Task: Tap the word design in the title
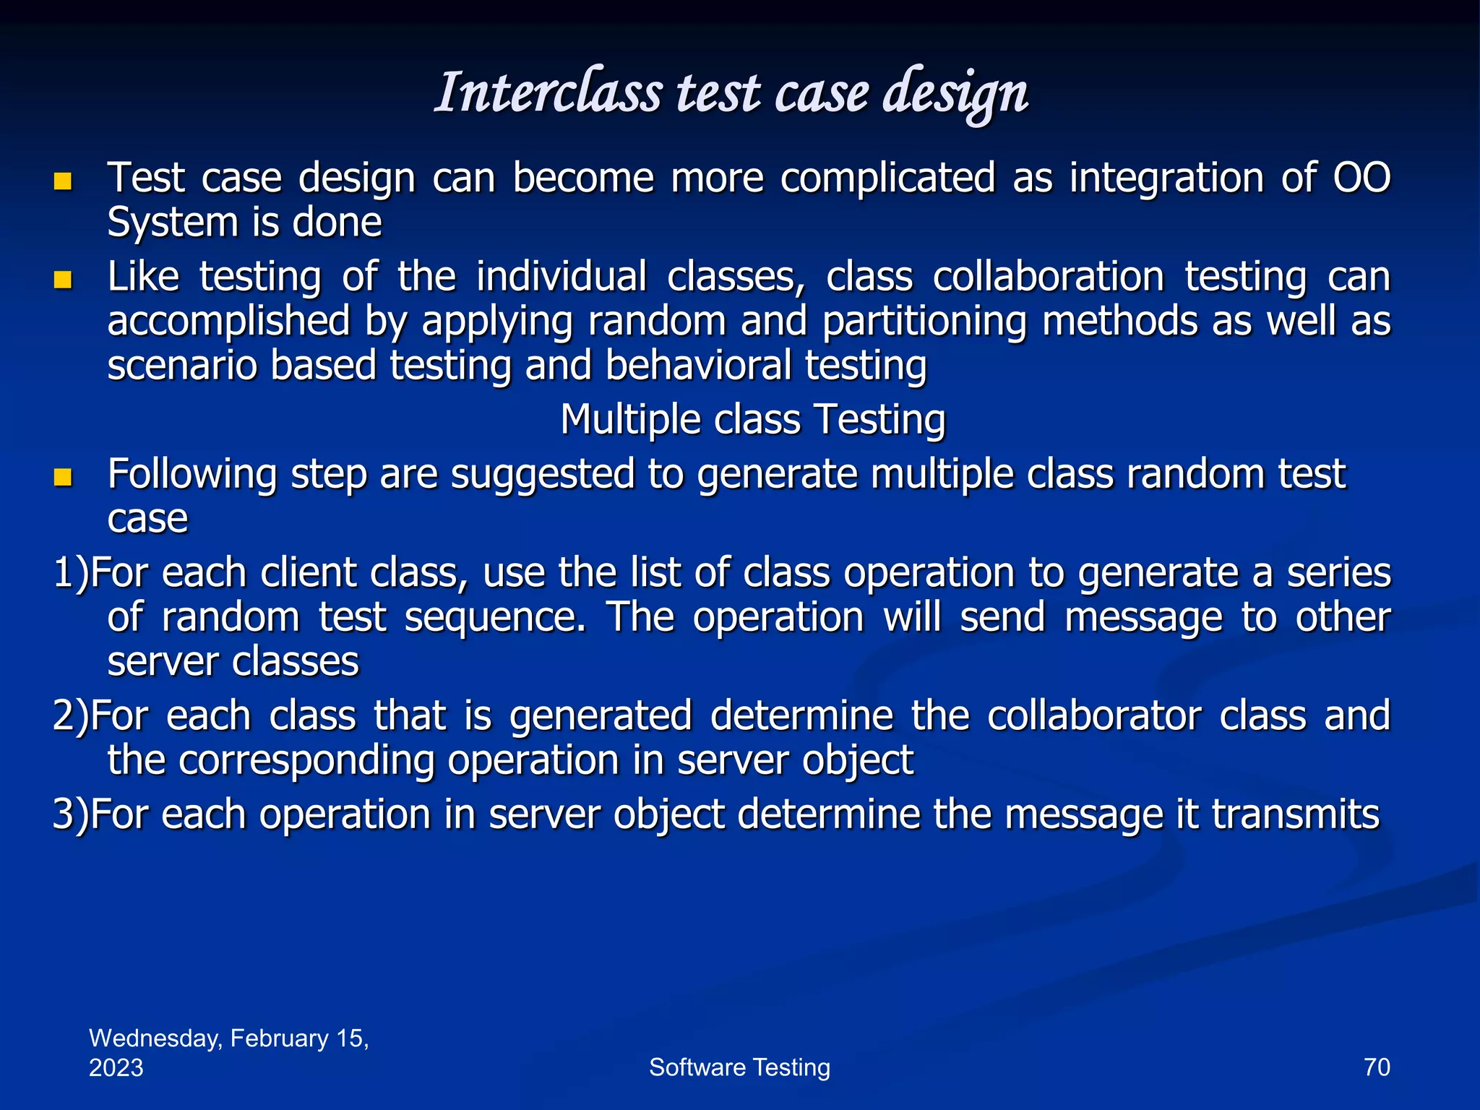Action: [955, 94]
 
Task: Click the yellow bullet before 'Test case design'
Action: [63, 181]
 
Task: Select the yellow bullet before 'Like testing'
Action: [63, 280]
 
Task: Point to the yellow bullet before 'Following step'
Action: [63, 477]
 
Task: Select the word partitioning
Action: [924, 322]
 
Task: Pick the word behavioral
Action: [698, 366]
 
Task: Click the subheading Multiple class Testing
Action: [752, 420]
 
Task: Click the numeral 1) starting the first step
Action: [70, 574]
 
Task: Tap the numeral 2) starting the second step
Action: [70, 716]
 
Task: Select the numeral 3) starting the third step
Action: [70, 815]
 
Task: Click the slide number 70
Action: [1376, 1067]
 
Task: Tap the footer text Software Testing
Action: [739, 1067]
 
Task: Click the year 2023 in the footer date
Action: [116, 1068]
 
